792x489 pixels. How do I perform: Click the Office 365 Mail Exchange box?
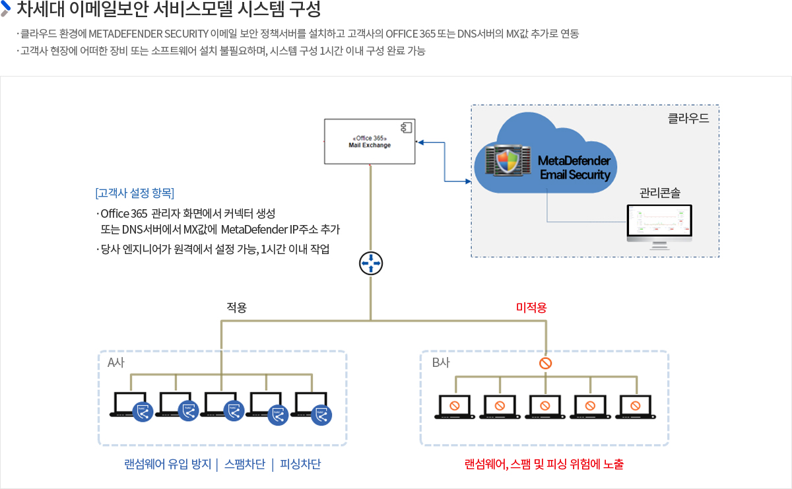coord(370,141)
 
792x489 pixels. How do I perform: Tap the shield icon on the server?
coord(508,161)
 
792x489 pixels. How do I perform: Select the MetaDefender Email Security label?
coord(575,168)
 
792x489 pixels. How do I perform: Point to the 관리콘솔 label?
coord(660,193)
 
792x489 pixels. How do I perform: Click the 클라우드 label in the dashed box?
coord(688,118)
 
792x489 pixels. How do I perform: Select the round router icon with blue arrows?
coord(371,263)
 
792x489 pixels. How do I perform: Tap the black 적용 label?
coord(236,308)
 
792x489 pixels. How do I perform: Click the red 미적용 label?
coord(531,308)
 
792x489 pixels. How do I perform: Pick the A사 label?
coord(116,362)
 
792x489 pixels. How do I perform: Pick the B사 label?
coord(441,362)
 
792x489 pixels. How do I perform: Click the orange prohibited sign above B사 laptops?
coord(546,363)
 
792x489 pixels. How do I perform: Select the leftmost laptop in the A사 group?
coord(131,406)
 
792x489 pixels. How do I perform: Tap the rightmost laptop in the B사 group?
coord(636,407)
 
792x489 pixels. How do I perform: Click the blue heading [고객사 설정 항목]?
coord(135,193)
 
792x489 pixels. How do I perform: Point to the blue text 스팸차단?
coord(245,464)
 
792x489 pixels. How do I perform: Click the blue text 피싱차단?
coord(300,464)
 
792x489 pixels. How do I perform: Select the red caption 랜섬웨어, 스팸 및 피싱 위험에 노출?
coord(544,464)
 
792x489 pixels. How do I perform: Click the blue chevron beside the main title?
coord(6,8)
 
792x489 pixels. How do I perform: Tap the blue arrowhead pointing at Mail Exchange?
coord(420,143)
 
